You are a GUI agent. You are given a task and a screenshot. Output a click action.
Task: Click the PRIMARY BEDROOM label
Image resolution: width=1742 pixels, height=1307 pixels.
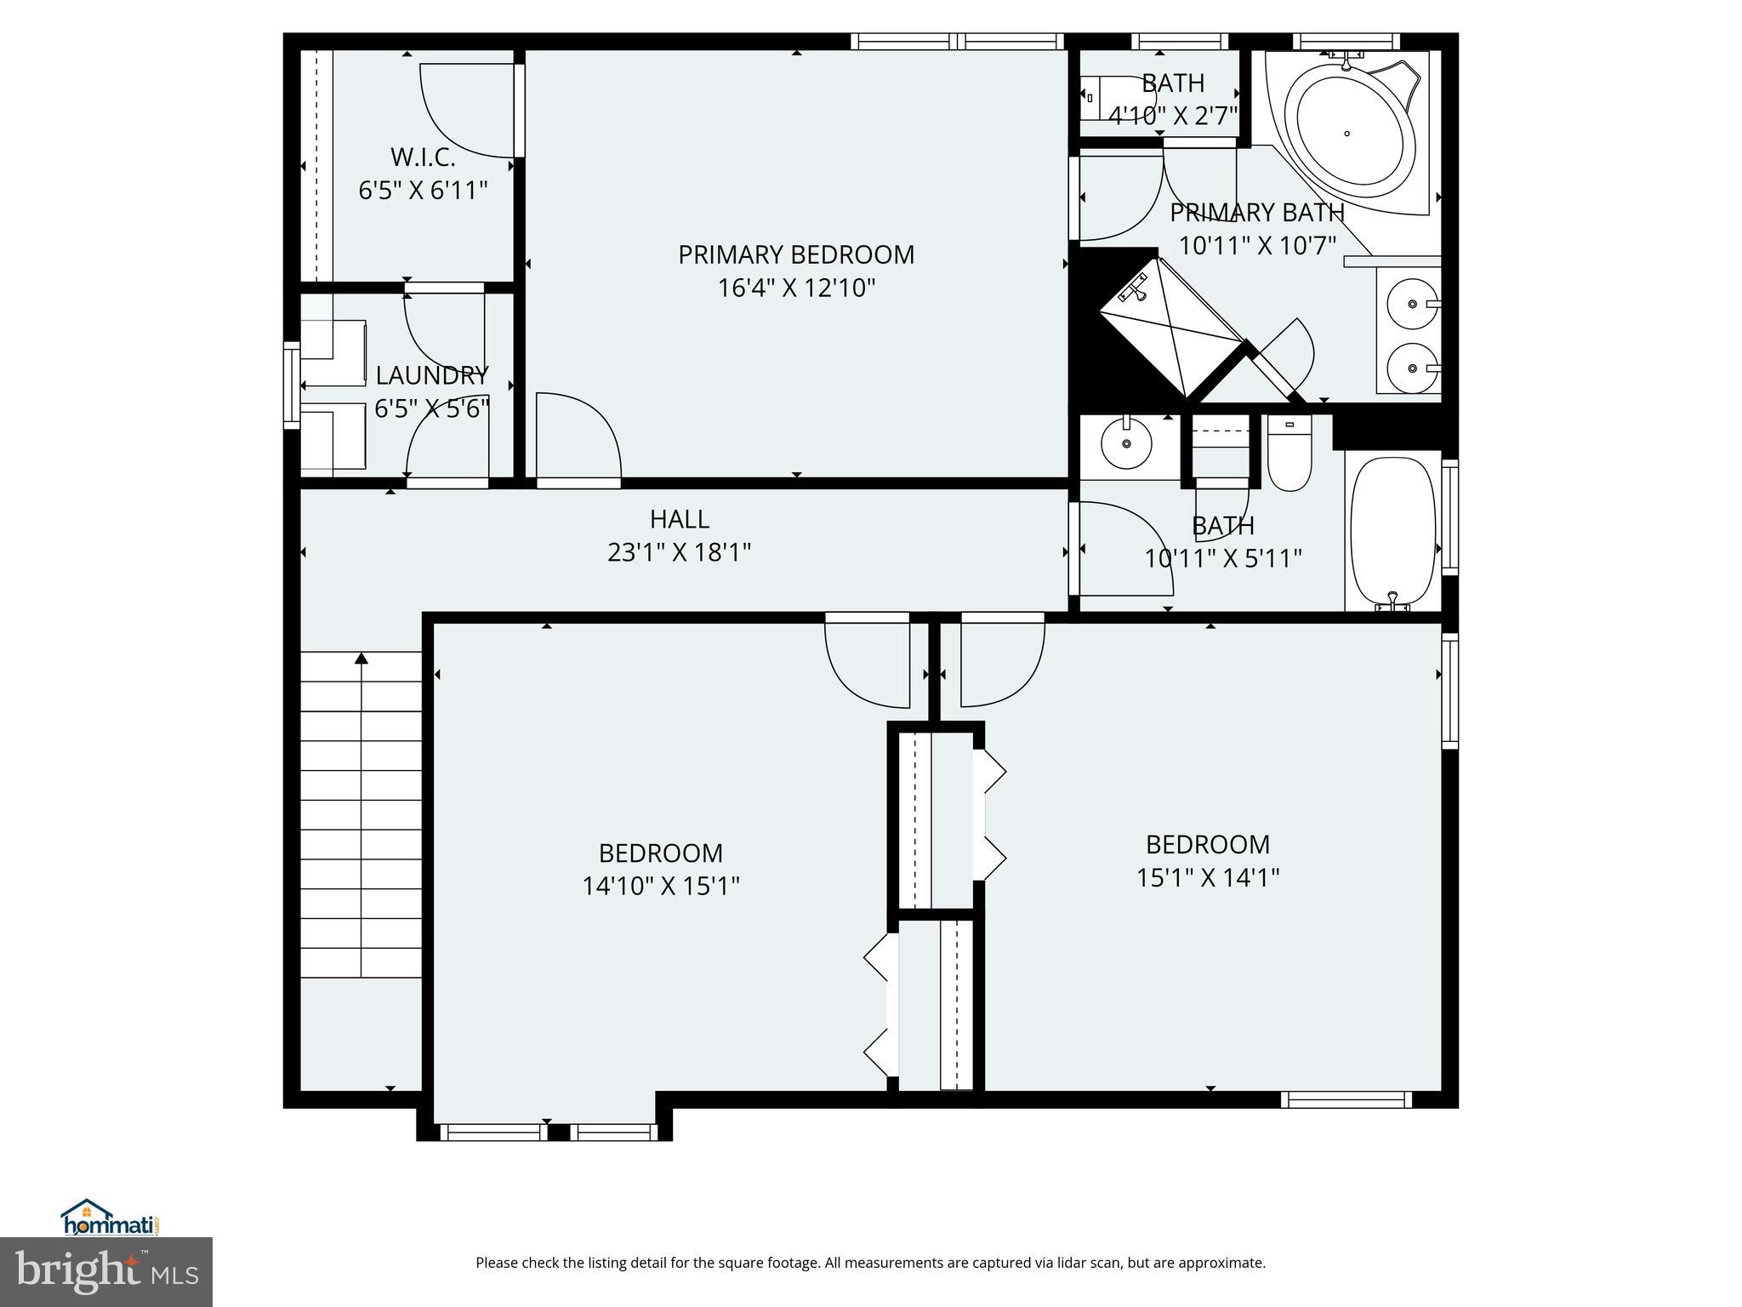796,254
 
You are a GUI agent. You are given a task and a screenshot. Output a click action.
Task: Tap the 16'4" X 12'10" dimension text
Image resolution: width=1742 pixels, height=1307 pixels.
796,288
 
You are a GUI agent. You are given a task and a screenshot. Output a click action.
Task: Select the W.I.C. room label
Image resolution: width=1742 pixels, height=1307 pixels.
423,157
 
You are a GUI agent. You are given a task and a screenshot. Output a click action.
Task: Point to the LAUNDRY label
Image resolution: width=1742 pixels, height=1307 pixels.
432,375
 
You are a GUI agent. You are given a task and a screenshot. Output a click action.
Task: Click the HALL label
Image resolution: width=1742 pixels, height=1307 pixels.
679,519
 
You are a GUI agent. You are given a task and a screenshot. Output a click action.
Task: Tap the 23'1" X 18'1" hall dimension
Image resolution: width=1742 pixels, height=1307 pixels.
679,553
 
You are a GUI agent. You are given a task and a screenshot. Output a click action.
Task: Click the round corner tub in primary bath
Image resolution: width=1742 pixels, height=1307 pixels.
1348,134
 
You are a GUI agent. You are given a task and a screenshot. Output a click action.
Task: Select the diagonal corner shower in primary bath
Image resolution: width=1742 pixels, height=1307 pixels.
1170,328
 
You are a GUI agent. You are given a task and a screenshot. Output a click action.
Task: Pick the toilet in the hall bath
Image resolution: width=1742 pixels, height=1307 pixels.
1289,455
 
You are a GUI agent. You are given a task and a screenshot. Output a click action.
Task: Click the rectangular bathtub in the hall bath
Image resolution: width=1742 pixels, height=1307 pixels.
1392,532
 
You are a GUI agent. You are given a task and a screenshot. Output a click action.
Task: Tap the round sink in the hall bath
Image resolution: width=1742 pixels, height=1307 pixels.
1126,442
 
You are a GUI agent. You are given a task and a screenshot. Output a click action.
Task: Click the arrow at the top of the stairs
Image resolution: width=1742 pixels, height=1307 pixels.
361,658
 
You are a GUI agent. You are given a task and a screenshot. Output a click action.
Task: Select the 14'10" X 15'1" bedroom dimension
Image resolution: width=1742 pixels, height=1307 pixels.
661,887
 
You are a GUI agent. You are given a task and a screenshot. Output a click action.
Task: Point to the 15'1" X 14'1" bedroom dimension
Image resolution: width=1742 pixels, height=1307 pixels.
1208,877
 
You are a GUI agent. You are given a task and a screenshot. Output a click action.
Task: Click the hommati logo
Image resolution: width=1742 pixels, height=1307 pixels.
111,1219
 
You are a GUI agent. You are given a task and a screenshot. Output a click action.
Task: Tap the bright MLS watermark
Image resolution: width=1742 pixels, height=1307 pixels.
106,1271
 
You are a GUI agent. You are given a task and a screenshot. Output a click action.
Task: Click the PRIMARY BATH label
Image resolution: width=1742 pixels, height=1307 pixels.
1256,212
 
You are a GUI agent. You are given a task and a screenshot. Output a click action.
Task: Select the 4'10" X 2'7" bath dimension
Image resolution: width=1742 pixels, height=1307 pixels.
1172,116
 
